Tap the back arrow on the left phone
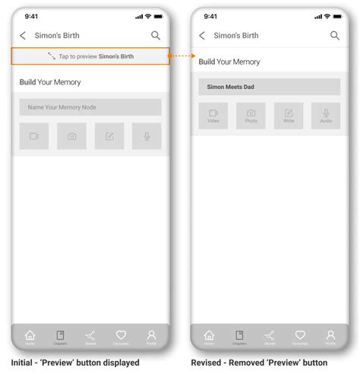[x=23, y=36]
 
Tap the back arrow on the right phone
[x=202, y=36]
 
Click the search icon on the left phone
[x=156, y=36]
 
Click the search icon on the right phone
[x=335, y=36]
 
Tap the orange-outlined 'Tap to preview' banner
[x=90, y=56]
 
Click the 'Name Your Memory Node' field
[x=90, y=107]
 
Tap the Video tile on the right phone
[x=213, y=116]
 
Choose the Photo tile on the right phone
[x=251, y=116]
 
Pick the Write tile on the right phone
[x=289, y=116]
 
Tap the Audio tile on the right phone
[x=326, y=116]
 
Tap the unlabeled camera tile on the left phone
[x=71, y=136]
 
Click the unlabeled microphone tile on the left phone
[x=147, y=136]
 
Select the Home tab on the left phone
[x=30, y=336]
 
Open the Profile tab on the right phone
[x=330, y=336]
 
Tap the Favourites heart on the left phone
[x=121, y=336]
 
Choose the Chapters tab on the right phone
[x=239, y=336]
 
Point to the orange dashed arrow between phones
[x=181, y=56]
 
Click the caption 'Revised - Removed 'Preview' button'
[x=260, y=363]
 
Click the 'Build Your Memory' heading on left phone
[x=50, y=82]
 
